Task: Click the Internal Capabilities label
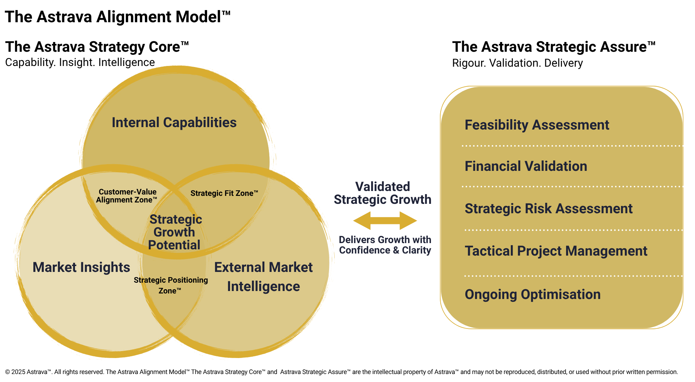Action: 174,123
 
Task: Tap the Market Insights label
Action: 81,267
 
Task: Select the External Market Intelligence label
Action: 263,277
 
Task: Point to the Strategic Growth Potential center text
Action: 175,232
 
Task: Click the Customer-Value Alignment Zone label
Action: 127,196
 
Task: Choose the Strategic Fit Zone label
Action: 224,193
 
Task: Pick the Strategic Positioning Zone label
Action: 171,285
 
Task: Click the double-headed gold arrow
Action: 385,221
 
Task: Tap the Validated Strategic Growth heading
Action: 383,193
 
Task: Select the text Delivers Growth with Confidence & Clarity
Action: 385,245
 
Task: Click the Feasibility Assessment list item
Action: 537,125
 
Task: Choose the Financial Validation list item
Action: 526,166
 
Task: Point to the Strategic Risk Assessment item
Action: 549,209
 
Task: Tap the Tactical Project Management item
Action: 556,251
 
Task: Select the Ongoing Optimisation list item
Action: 532,294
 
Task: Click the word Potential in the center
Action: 174,245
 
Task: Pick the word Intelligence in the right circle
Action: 263,286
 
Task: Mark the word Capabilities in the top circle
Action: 200,123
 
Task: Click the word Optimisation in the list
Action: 561,294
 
